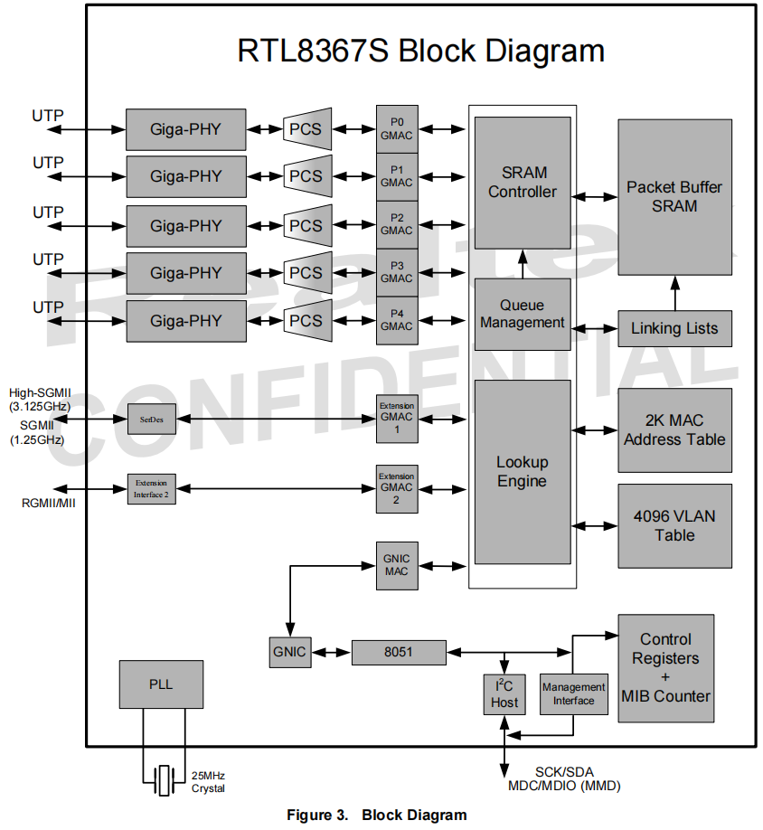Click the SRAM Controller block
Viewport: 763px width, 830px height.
(x=523, y=182)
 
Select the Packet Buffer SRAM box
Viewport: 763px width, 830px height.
(x=674, y=196)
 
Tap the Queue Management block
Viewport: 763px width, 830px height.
(x=523, y=314)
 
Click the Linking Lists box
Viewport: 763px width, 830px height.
(x=674, y=328)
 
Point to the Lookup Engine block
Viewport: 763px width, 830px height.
(x=523, y=472)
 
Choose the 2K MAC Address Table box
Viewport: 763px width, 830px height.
(x=674, y=430)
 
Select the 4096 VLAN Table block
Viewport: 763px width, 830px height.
(x=674, y=525)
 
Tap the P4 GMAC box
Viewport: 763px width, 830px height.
(x=397, y=320)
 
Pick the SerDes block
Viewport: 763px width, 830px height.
(x=151, y=419)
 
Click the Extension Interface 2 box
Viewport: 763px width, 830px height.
(x=151, y=488)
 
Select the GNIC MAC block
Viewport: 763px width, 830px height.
(x=397, y=565)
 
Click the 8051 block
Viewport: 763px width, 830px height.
(x=398, y=652)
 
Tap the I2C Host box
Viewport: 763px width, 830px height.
(x=504, y=694)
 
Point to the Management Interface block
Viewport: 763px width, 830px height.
(x=573, y=694)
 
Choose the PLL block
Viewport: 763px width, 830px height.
(x=161, y=684)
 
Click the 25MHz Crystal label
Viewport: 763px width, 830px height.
(x=208, y=782)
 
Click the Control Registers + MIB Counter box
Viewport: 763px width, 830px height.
(x=666, y=668)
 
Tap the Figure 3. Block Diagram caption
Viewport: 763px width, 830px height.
(x=377, y=815)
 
